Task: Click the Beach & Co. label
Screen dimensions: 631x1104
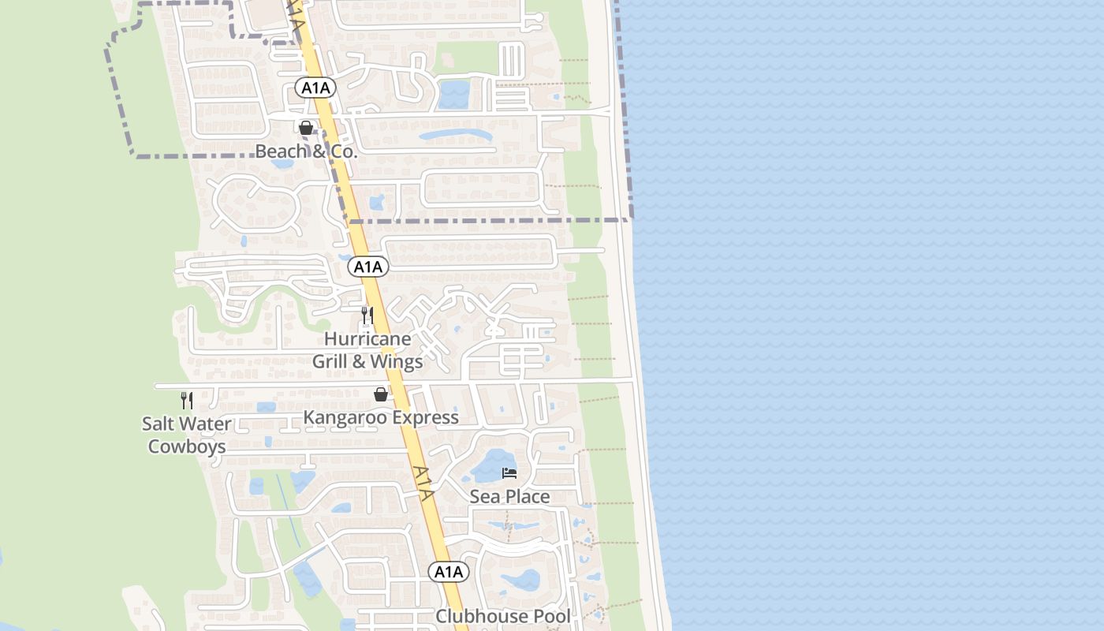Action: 306,151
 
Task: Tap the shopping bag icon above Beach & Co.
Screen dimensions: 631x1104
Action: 306,127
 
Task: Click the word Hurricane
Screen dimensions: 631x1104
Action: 367,339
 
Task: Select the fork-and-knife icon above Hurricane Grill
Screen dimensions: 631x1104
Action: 367,315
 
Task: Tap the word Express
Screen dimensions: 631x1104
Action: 426,417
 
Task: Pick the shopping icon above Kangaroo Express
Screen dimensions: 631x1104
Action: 381,394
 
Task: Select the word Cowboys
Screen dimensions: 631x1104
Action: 187,446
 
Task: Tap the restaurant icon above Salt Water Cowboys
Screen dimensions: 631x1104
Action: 187,400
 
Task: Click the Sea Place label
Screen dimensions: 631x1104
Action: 509,497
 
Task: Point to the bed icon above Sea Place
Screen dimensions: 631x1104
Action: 509,473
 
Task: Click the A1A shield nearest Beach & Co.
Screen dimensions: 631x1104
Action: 315,88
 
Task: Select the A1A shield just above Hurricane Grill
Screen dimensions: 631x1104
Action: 367,267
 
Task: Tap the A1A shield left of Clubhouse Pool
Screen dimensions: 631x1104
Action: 449,572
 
